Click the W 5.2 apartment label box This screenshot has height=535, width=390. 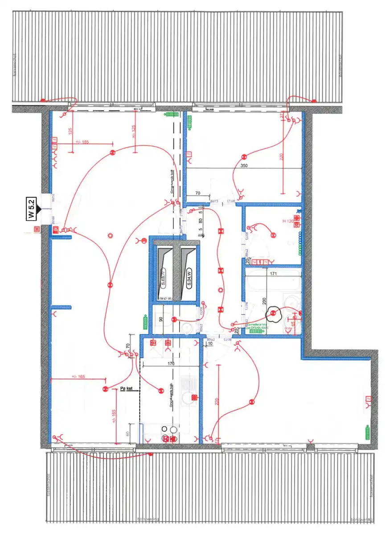(31, 209)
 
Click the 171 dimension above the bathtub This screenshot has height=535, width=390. (271, 273)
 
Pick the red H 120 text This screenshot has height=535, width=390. (287, 221)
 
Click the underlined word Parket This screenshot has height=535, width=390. (127, 389)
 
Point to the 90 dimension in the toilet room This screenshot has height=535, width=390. (161, 318)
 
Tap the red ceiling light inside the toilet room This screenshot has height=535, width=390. (175, 319)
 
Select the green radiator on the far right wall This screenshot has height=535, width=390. (368, 433)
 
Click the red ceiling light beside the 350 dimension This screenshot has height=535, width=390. (244, 156)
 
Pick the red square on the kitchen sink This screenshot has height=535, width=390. (193, 397)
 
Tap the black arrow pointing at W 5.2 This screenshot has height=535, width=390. (39, 209)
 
